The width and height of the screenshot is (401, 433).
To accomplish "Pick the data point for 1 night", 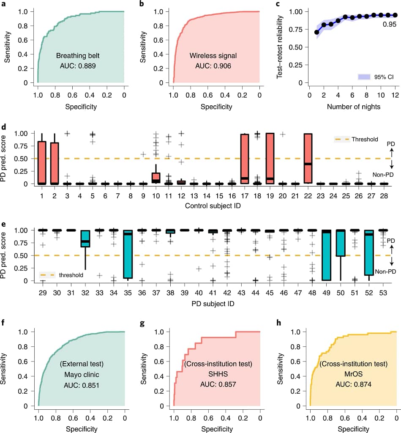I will click(317, 32).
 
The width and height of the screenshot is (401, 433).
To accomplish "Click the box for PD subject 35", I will click(128, 254).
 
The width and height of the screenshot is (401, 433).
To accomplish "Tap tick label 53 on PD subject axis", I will click(383, 292).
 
